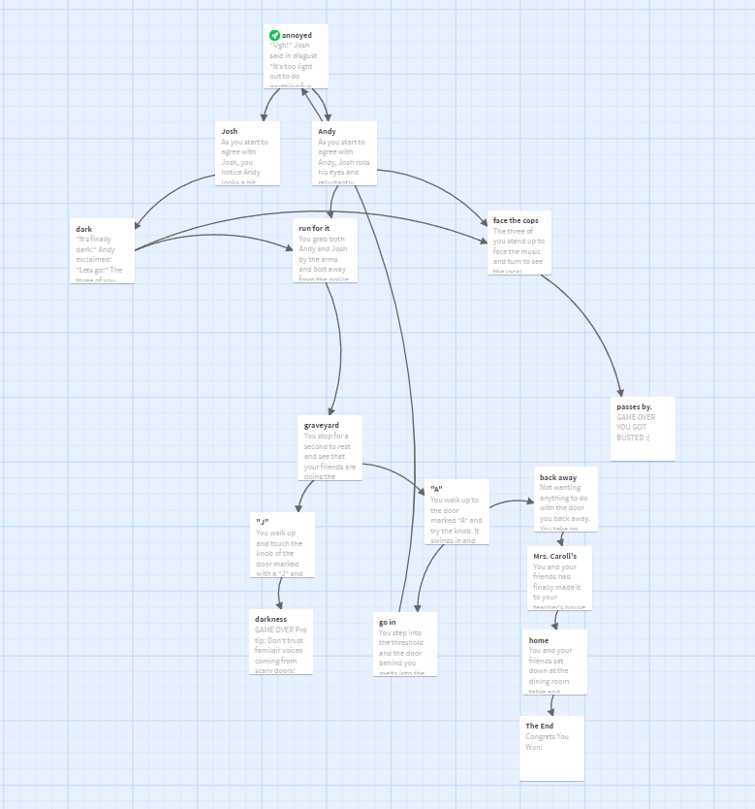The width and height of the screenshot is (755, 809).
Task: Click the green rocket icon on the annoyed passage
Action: [274, 35]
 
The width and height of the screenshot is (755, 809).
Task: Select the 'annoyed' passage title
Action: [297, 35]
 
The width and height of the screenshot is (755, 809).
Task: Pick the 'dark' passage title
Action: [84, 229]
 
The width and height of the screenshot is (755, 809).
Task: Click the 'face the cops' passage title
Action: [516, 220]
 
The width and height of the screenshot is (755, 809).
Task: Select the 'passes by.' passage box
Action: [643, 428]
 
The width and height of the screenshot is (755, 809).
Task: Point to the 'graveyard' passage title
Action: [321, 425]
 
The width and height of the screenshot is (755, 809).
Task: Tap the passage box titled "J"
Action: [282, 545]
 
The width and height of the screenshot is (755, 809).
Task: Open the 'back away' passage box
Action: [566, 499]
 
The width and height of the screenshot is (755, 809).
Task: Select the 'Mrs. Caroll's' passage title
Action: [554, 556]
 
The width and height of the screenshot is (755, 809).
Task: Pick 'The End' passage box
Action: [551, 748]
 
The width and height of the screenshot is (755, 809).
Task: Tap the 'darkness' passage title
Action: [270, 618]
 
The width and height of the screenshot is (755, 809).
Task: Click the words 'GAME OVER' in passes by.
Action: [636, 417]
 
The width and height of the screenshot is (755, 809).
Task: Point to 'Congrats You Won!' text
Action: [548, 742]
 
